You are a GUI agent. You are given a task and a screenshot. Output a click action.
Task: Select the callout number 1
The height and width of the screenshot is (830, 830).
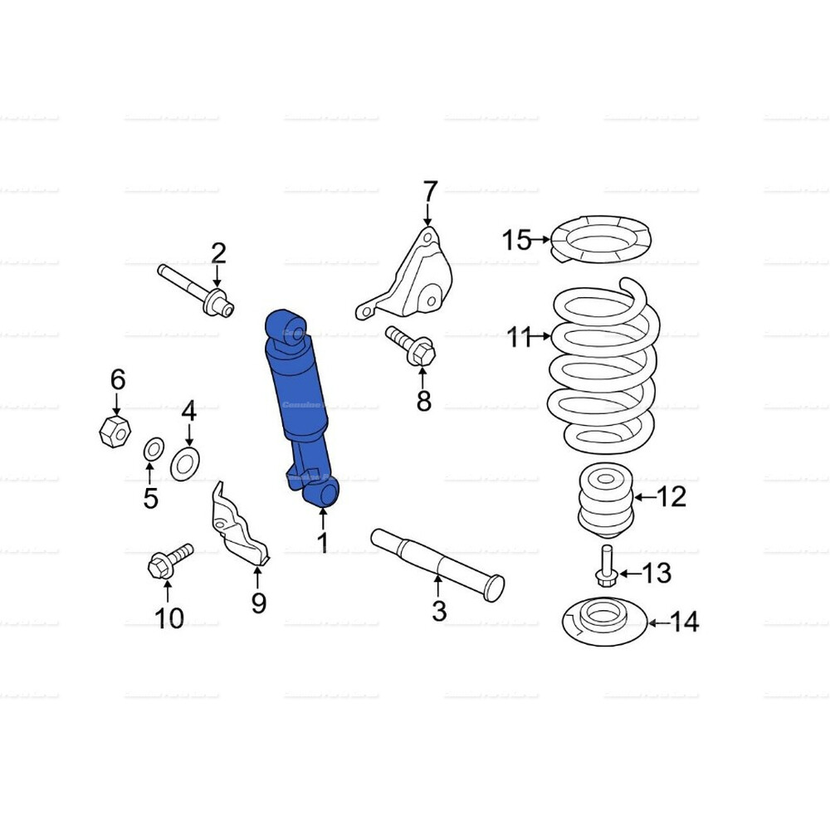[x=322, y=543]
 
